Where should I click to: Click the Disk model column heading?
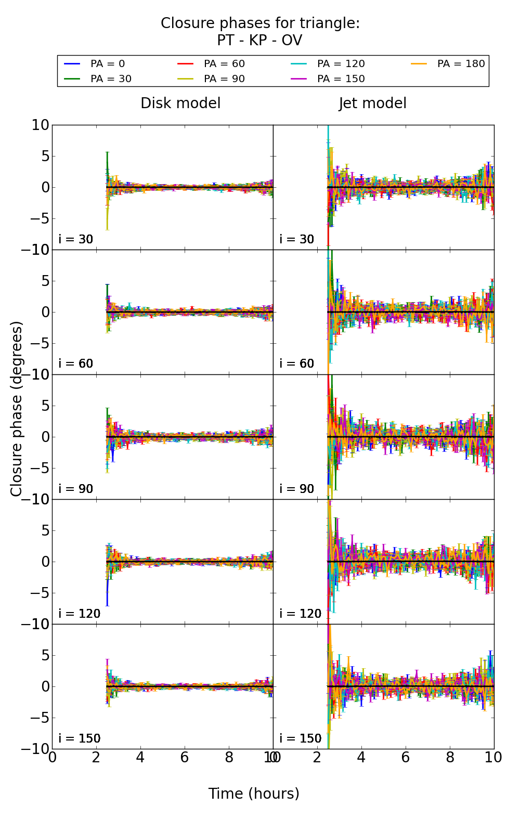pyautogui.click(x=180, y=103)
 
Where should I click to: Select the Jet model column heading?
pyautogui.click(x=372, y=103)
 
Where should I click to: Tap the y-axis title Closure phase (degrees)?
pyautogui.click(x=17, y=409)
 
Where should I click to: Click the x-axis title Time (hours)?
pyautogui.click(x=254, y=794)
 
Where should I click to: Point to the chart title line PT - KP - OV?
pyautogui.click(x=259, y=41)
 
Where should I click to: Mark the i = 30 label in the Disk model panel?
pyautogui.click(x=76, y=239)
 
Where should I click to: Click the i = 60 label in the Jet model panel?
pyautogui.click(x=297, y=363)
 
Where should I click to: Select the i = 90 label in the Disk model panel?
pyautogui.click(x=76, y=489)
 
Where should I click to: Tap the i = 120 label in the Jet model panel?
pyautogui.click(x=301, y=614)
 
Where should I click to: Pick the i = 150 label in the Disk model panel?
pyautogui.click(x=80, y=738)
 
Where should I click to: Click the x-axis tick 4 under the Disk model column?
pyautogui.click(x=140, y=758)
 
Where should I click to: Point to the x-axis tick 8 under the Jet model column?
pyautogui.click(x=450, y=758)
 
